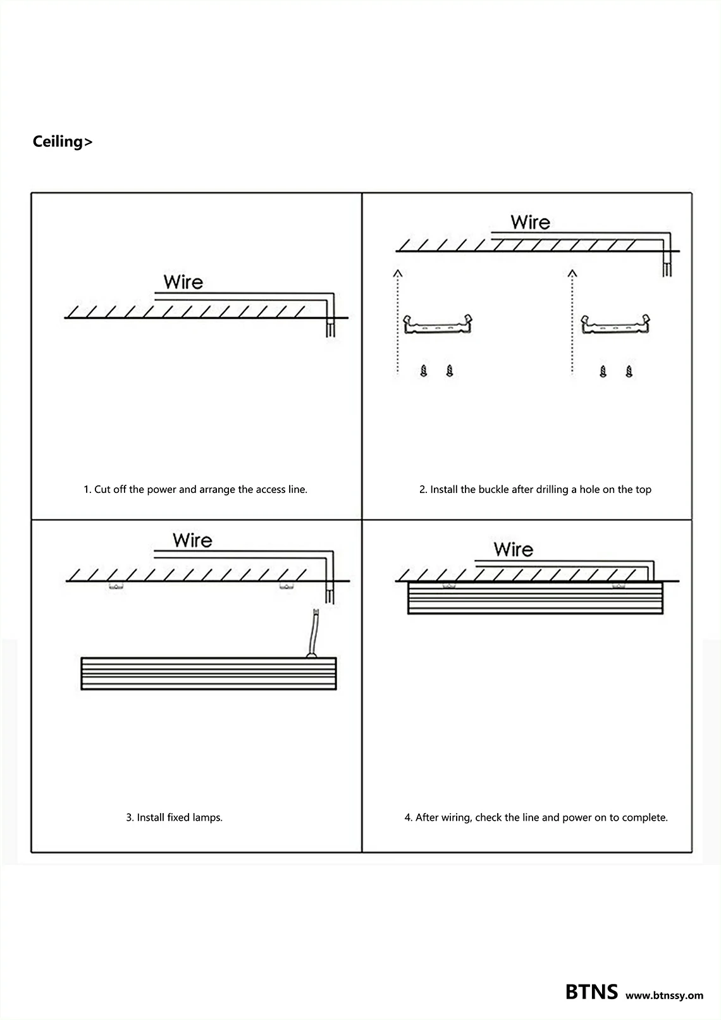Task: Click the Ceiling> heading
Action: click(62, 142)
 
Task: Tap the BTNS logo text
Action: click(591, 992)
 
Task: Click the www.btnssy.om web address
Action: click(664, 995)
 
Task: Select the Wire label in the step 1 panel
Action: click(183, 282)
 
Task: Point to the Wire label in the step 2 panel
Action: click(530, 223)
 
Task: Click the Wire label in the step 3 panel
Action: click(192, 540)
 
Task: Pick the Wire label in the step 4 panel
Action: click(513, 549)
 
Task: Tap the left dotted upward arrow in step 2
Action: click(397, 323)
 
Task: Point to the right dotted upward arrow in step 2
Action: click(572, 323)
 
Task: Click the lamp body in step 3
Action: click(209, 674)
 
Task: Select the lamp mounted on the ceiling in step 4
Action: click(535, 598)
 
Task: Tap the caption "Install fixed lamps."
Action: click(174, 818)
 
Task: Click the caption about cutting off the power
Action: click(195, 489)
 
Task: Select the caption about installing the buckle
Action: click(535, 489)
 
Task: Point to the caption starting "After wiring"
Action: click(536, 818)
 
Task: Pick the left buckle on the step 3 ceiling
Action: click(116, 587)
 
